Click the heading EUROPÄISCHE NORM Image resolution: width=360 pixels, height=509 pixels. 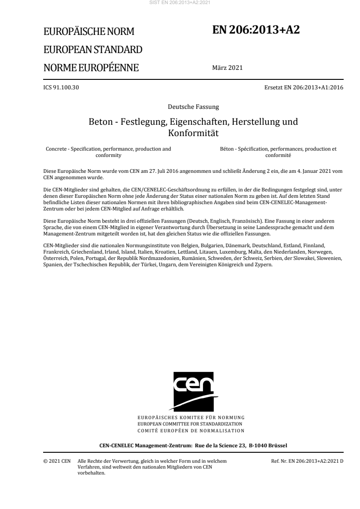[89, 32]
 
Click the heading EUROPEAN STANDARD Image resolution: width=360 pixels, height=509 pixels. [93, 49]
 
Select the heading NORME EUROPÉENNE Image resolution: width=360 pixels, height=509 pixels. [91, 68]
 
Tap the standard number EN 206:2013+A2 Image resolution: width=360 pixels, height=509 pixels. [256, 29]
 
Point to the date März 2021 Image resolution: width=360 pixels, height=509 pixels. [227, 68]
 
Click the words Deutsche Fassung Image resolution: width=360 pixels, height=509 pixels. [193, 107]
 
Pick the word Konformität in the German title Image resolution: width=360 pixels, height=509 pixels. [193, 133]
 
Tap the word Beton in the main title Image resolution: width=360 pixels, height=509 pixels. [100, 122]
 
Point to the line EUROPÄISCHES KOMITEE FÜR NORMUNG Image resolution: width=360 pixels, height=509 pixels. [193, 417]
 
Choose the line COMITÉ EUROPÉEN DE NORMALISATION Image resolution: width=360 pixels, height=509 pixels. [193, 430]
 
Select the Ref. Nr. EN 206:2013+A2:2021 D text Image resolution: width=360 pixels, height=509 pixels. [307, 461]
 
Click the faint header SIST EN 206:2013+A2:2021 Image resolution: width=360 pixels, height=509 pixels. [180, 3]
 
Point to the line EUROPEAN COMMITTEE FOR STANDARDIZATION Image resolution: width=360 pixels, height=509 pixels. [193, 424]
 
